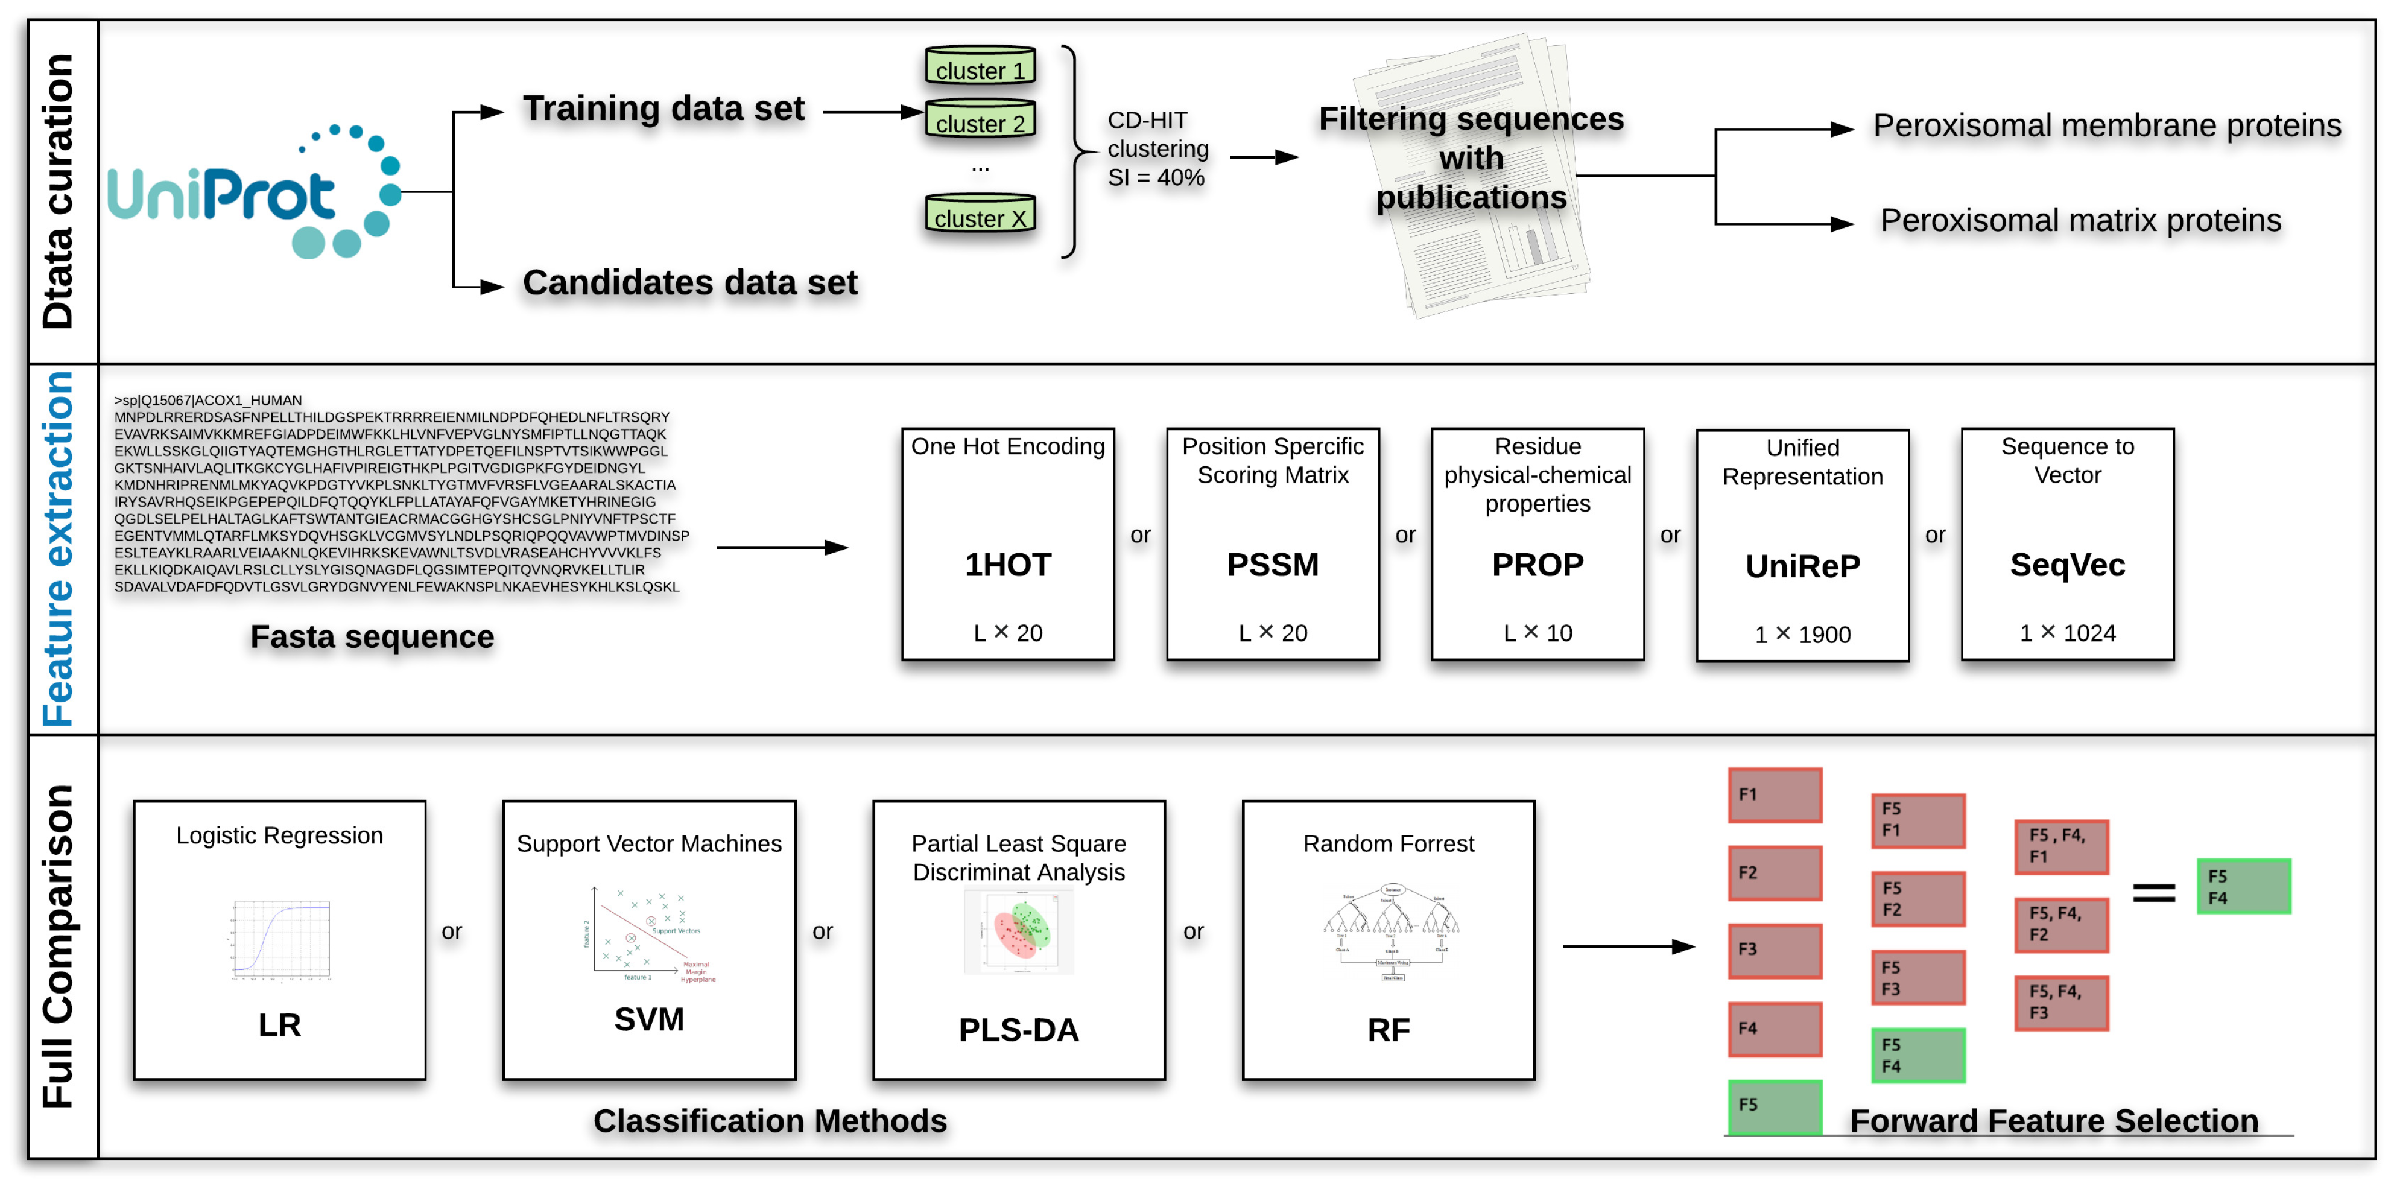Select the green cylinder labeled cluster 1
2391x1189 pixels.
point(980,66)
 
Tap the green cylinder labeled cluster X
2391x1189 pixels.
point(980,214)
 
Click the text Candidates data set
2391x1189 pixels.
point(689,282)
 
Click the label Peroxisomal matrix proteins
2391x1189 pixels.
point(2080,220)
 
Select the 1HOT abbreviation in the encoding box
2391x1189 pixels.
point(1008,564)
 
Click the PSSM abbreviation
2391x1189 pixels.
point(1273,564)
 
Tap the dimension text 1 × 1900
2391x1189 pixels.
point(1802,634)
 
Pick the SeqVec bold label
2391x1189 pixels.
point(2067,564)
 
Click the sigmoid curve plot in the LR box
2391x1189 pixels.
point(280,939)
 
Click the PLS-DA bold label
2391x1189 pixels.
point(1018,1029)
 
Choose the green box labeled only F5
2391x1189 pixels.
point(1775,1106)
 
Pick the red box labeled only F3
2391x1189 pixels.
point(1775,950)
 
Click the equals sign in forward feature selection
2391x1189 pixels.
point(2153,893)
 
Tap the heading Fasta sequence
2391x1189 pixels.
point(372,637)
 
